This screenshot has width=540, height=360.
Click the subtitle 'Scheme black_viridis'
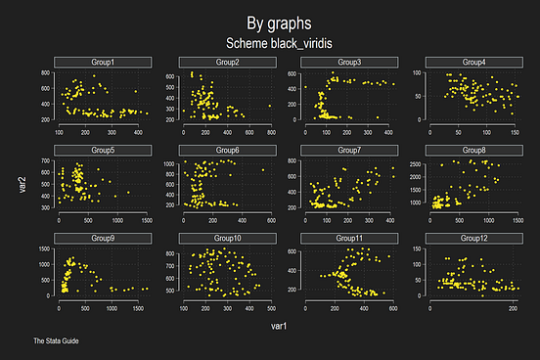tap(270, 44)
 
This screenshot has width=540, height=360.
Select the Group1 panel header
tap(103, 63)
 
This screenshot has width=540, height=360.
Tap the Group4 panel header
tap(473, 63)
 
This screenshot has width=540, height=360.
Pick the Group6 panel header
tap(226, 151)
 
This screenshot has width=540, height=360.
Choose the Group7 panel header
tap(349, 151)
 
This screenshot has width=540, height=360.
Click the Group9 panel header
tap(103, 238)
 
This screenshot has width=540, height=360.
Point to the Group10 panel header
tap(226, 238)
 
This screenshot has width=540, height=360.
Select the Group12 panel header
tap(473, 238)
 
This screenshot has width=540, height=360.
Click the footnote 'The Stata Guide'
tap(55, 341)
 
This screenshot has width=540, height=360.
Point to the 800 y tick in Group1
tap(45, 73)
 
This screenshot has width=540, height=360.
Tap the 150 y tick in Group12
tap(418, 248)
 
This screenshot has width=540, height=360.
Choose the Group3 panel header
tap(349, 63)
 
